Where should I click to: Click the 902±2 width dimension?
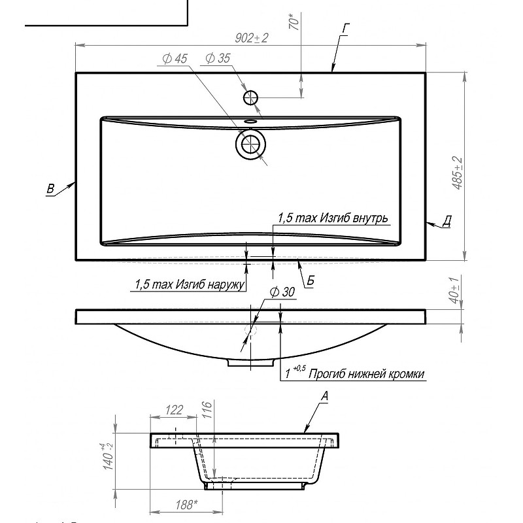point(252,38)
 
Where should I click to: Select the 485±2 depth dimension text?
point(458,173)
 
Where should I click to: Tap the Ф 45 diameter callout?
point(175,59)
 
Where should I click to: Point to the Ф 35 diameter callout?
point(218,58)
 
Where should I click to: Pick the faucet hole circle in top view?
point(250,97)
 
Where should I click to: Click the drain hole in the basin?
point(251,144)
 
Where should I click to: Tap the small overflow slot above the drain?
point(250,121)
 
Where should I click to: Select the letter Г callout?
point(345,29)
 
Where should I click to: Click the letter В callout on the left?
point(50,188)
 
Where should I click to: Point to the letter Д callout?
point(447,221)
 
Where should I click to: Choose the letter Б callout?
point(310,281)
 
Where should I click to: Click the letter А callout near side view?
point(324,396)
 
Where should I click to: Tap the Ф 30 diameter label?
point(282,292)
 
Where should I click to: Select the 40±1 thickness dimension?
point(455,290)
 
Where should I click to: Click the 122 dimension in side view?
point(174,410)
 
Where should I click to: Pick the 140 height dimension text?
point(109,456)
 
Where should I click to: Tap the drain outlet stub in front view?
point(251,363)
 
